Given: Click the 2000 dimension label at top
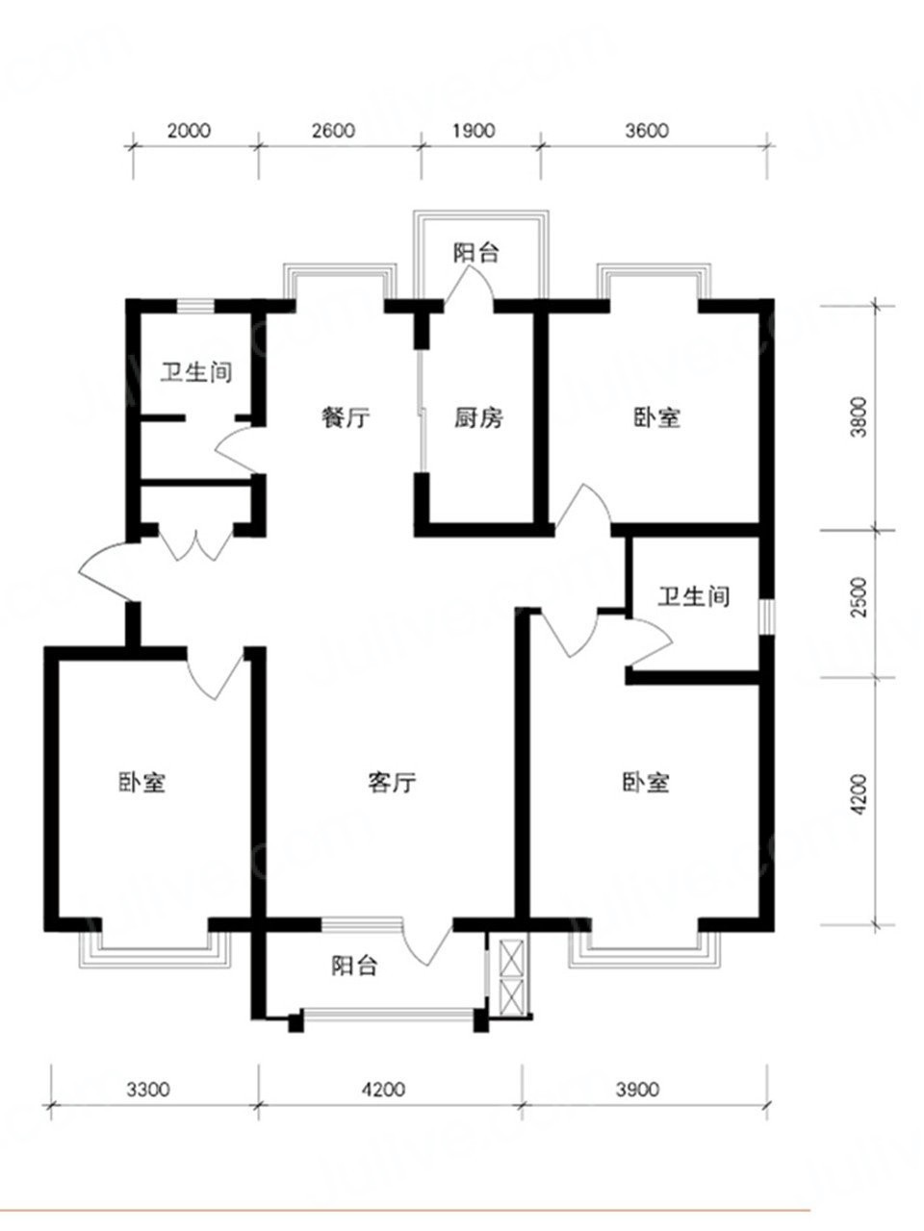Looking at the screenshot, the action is [189, 131].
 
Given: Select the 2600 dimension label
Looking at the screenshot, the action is [334, 131].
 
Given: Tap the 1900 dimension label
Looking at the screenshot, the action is [475, 131].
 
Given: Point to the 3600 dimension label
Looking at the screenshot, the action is [647, 131].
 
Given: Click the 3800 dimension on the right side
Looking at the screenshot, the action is [859, 417].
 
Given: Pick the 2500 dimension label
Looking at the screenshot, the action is [859, 596].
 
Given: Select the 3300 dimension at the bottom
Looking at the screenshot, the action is [147, 1089].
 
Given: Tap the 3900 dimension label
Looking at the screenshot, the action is [637, 1089].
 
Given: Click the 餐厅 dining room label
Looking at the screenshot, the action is [346, 417].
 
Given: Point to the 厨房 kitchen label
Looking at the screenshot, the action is [478, 417].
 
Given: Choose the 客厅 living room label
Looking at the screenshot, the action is [392, 782].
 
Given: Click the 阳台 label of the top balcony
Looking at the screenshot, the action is [475, 253].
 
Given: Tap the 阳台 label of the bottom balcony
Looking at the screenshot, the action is [354, 966].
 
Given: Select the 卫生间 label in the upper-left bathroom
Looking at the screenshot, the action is [196, 372].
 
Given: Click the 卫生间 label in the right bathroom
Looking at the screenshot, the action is [694, 596].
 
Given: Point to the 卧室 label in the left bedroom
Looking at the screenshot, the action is [141, 782].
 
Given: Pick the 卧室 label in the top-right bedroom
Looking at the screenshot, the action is [657, 417].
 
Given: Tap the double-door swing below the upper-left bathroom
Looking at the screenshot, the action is [195, 542].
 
